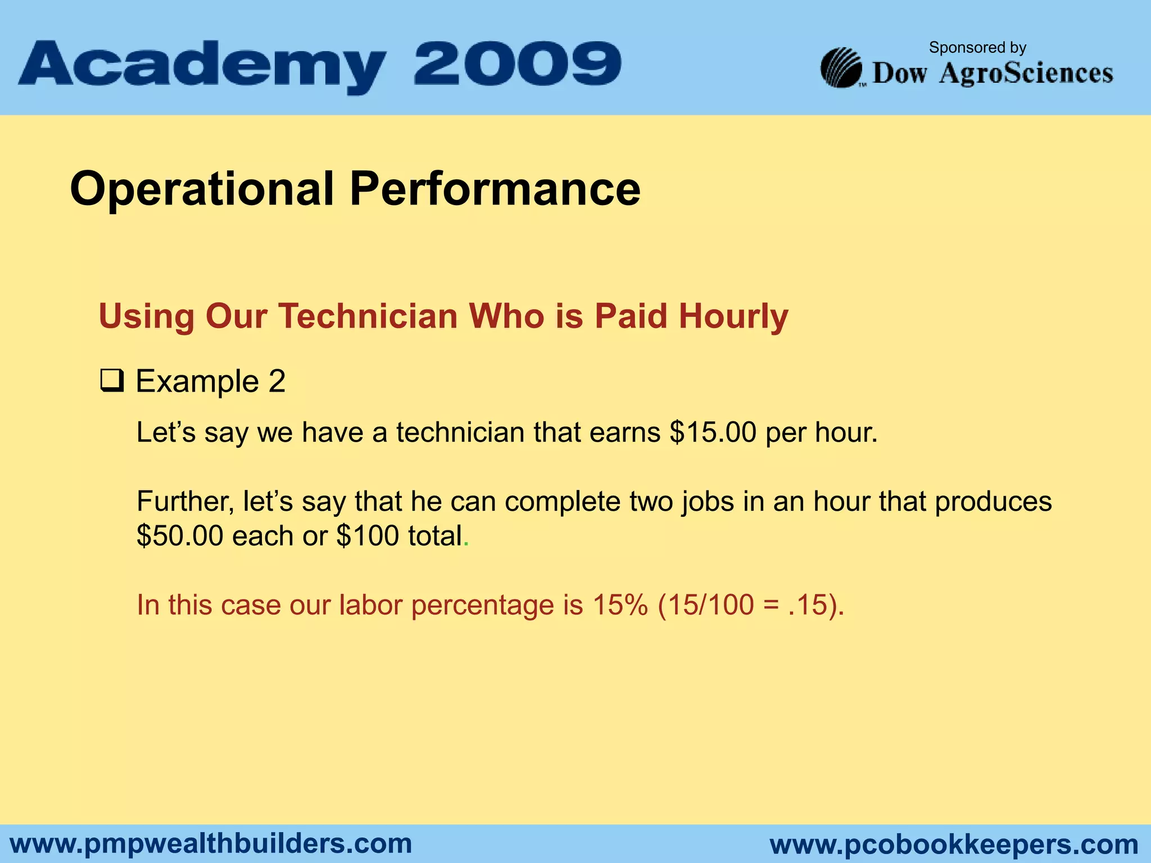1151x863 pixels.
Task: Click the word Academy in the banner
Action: coord(202,66)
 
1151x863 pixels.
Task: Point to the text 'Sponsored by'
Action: coord(977,48)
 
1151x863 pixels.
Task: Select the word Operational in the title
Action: coord(202,189)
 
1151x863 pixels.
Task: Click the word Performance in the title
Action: coord(495,189)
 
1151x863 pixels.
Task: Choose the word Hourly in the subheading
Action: coord(733,317)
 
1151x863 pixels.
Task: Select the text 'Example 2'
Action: coord(211,381)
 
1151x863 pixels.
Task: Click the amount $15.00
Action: coord(713,433)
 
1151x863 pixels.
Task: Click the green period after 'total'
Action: coord(466,544)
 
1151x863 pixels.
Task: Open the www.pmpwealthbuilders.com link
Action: coord(211,844)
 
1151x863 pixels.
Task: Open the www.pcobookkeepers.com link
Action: coord(954,844)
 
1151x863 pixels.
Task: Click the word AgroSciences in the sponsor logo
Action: coord(1026,74)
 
